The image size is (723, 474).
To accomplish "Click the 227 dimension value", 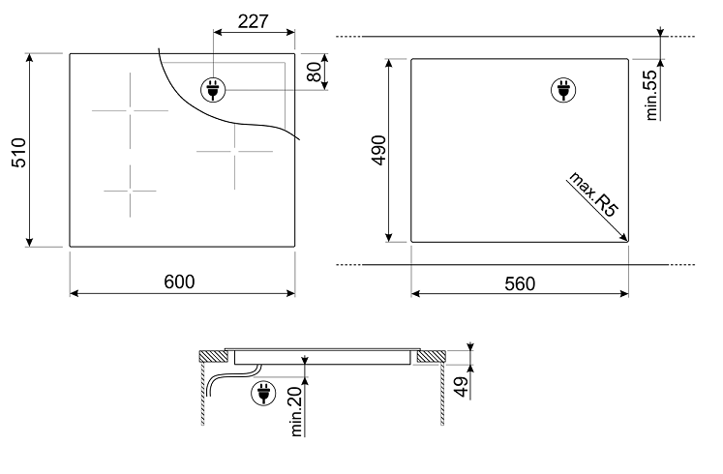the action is (x=253, y=21).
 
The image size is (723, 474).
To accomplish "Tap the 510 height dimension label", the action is (x=19, y=152).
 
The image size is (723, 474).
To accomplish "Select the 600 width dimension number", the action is (x=179, y=281).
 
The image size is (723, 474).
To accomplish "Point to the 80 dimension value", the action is (x=314, y=72).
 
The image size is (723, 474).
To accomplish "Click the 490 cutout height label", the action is (x=378, y=150).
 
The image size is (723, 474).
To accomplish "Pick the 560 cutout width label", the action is (x=520, y=283).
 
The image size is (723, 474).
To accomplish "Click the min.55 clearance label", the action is (x=651, y=95).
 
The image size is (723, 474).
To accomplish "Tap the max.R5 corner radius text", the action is (x=593, y=193).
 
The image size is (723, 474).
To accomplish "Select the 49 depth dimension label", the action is (x=461, y=386).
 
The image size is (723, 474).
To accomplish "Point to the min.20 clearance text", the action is (x=296, y=411).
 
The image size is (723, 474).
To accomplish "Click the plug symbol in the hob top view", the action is (x=213, y=89).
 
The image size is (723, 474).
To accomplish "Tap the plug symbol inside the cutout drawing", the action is (x=563, y=89).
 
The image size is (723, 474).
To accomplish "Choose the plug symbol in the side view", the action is (x=263, y=394).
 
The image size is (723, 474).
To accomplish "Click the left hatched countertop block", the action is (x=214, y=356).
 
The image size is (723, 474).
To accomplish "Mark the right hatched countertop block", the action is (x=431, y=356).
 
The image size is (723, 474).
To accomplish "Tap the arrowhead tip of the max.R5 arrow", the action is (x=627, y=241).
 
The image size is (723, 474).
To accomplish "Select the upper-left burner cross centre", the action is (x=130, y=110).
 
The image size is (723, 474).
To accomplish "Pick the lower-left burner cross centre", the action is (x=130, y=191).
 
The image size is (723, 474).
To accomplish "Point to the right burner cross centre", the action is (x=234, y=151).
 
